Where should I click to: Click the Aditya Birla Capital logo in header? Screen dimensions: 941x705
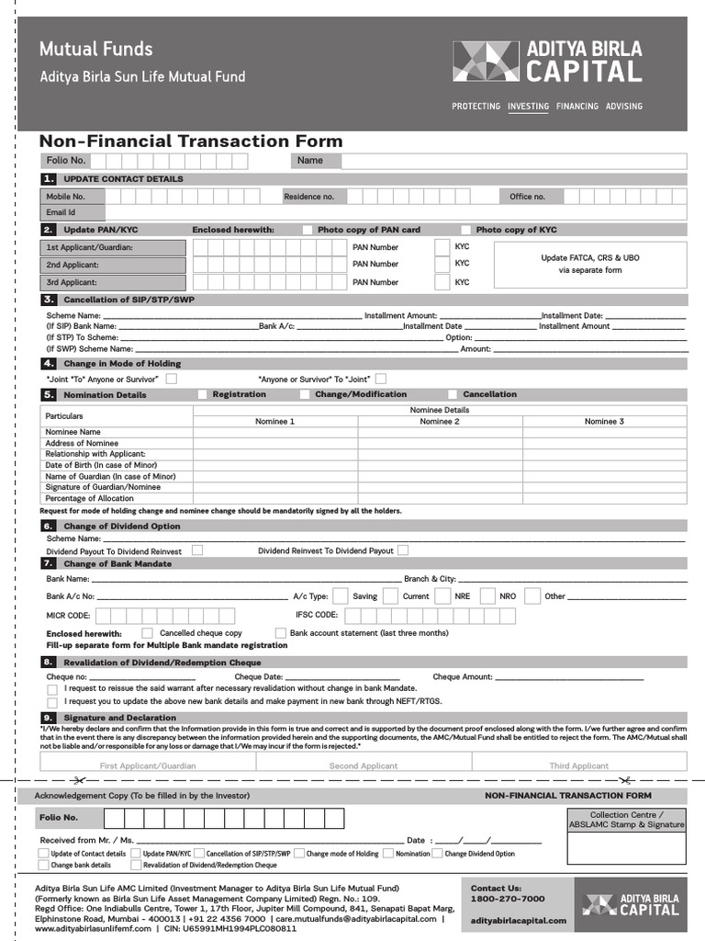(x=548, y=62)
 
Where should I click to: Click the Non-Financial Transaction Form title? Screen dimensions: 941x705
(x=191, y=141)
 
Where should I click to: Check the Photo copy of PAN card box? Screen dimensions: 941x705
(x=308, y=230)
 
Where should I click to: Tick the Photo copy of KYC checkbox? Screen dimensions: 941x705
(x=465, y=230)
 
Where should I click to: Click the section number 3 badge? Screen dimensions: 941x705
(x=48, y=300)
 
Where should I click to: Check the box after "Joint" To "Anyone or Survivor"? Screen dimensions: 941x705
(x=172, y=378)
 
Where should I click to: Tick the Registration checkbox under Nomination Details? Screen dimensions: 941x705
(x=202, y=394)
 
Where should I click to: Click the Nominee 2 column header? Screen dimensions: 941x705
(x=440, y=421)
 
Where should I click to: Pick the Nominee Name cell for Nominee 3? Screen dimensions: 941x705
(x=604, y=432)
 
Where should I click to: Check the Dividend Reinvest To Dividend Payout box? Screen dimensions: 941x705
(x=403, y=550)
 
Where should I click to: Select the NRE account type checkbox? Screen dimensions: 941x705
(x=445, y=595)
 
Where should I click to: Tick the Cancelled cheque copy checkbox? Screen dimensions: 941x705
(x=148, y=633)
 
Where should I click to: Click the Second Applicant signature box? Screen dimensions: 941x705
(x=364, y=762)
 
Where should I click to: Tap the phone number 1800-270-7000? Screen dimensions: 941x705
(x=508, y=899)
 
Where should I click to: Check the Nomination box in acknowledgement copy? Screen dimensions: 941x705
(x=389, y=854)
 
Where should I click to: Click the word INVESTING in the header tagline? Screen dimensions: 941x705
(x=528, y=107)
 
